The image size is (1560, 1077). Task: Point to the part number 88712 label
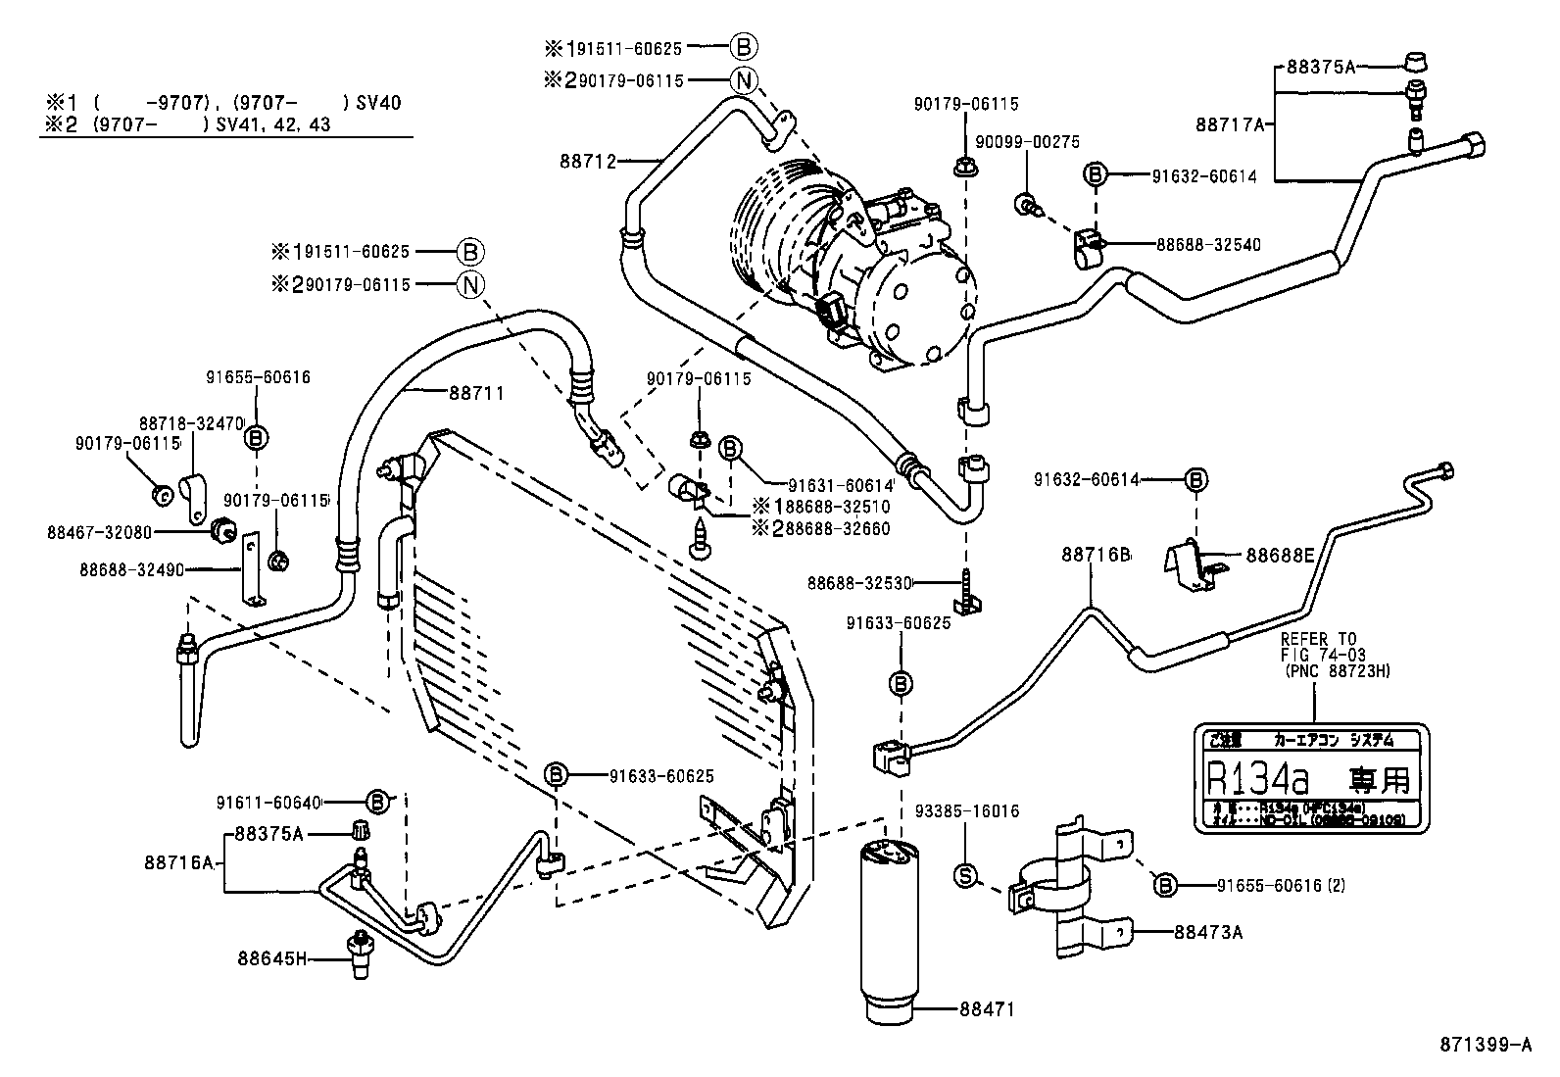[587, 162]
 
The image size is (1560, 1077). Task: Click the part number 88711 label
[476, 393]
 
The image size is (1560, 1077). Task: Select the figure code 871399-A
[1484, 1046]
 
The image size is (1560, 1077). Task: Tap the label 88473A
[1207, 932]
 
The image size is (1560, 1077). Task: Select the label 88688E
[1280, 556]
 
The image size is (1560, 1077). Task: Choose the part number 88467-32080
[100, 532]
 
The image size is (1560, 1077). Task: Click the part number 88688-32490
[132, 569]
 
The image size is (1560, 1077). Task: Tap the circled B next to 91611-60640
[378, 801]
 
